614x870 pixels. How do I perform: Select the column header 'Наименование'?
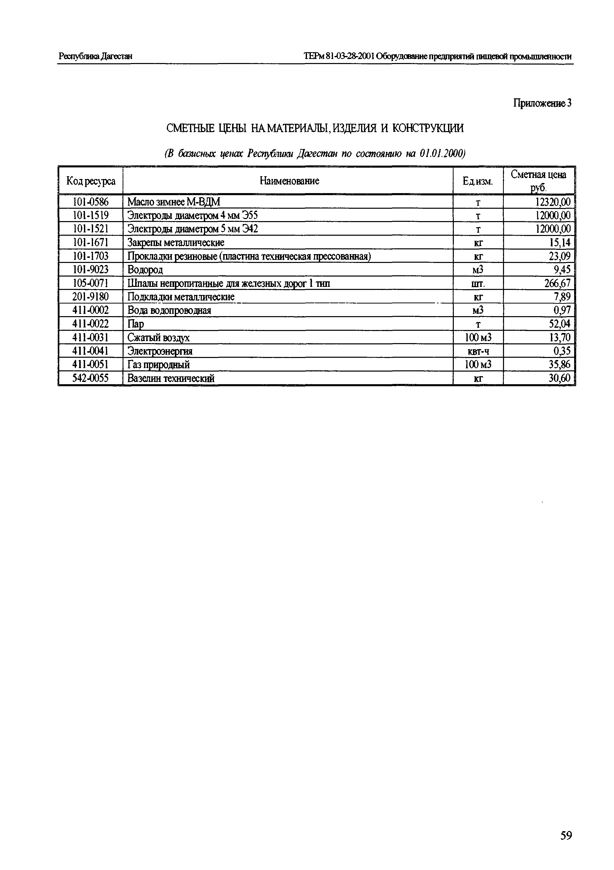point(289,181)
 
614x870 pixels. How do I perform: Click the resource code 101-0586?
point(91,202)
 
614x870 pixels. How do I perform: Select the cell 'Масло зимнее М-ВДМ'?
point(174,202)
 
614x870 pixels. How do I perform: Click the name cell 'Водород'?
point(145,270)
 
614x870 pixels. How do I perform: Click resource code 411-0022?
point(91,324)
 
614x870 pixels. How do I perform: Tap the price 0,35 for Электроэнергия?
point(562,351)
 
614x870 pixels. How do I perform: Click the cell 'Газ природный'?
point(158,365)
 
